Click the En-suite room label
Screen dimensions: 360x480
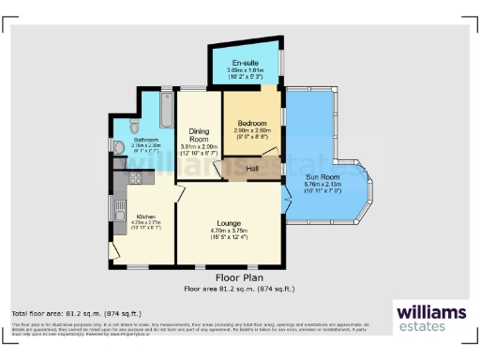tap(245, 63)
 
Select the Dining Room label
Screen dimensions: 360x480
tap(198, 133)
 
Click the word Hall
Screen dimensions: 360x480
tap(252, 169)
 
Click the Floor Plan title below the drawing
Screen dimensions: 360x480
tap(239, 277)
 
